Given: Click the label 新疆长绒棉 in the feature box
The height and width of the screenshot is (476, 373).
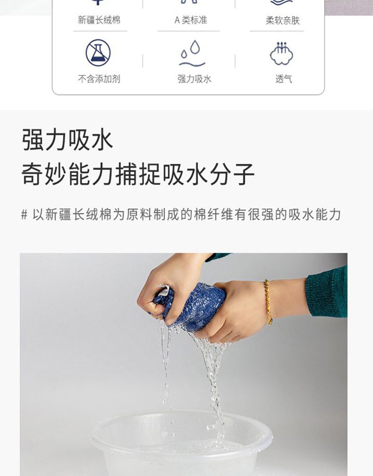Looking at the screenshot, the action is [99, 20].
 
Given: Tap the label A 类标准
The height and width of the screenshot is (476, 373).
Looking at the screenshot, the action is [191, 20].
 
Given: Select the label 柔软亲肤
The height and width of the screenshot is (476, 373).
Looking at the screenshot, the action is [282, 21].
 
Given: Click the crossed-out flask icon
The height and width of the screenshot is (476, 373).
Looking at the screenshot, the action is [98, 52].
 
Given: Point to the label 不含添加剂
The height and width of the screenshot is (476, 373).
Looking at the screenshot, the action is [99, 79].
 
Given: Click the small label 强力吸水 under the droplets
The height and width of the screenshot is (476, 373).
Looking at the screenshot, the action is [194, 79].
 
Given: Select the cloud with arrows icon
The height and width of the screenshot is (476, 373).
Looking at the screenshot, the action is [282, 53].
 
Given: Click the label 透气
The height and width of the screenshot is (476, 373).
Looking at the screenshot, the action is [284, 79].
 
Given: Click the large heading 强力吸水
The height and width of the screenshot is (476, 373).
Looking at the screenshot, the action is [68, 140].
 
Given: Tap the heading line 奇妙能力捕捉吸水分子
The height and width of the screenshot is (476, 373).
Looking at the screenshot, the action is [138, 174].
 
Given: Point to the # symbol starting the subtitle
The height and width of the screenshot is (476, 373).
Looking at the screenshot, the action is [24, 214].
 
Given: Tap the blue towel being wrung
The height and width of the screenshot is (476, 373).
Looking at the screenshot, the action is [194, 305].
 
